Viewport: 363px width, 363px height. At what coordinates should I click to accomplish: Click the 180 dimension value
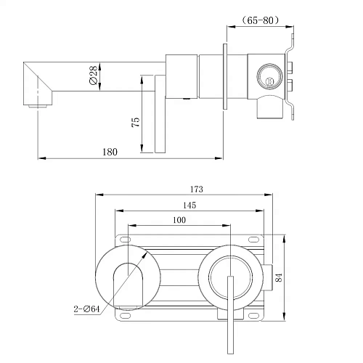tap(110, 152)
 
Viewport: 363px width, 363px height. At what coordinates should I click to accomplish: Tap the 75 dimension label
tap(136, 122)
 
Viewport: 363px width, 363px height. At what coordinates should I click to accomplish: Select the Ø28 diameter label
tap(93, 75)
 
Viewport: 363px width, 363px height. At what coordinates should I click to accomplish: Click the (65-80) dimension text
tap(261, 20)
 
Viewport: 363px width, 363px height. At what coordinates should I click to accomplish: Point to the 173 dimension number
tap(196, 189)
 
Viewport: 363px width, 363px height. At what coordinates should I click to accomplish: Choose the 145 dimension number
tap(189, 205)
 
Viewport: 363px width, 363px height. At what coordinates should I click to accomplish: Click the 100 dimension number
tap(179, 220)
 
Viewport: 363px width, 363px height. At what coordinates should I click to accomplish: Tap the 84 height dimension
tap(279, 277)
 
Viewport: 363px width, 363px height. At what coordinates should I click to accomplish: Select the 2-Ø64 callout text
tap(86, 309)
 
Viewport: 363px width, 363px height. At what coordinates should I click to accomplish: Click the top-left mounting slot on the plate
tap(126, 240)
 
